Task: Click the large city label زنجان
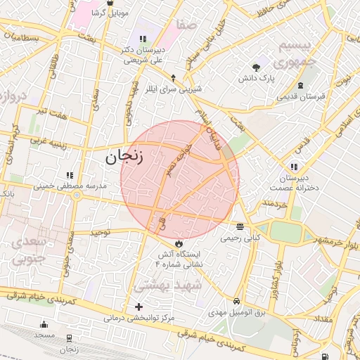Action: tap(124, 157)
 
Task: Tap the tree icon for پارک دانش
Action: tap(256, 67)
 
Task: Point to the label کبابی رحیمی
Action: tap(240, 238)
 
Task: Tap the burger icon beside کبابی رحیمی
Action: tap(240, 227)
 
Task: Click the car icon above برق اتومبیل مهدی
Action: tap(238, 300)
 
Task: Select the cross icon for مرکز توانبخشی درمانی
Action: tap(139, 307)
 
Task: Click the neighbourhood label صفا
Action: tap(186, 25)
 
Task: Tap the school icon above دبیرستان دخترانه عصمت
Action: tap(293, 167)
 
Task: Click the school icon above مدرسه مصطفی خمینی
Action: tap(69, 174)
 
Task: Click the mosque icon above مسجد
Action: tap(44, 324)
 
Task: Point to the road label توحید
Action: tap(101, 231)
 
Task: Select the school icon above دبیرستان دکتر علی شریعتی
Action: tap(143, 39)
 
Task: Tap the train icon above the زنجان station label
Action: tap(68, 338)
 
